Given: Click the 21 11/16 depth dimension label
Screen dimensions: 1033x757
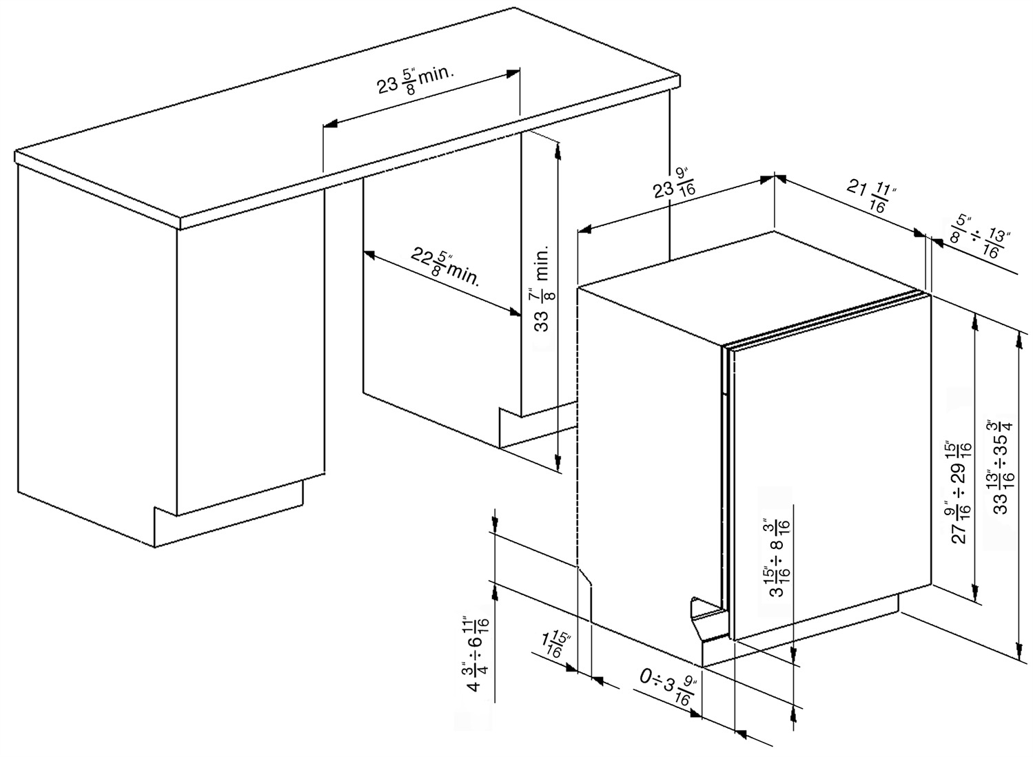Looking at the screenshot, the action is point(868,196).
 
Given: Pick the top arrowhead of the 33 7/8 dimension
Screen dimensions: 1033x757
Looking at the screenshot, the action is point(558,151).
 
